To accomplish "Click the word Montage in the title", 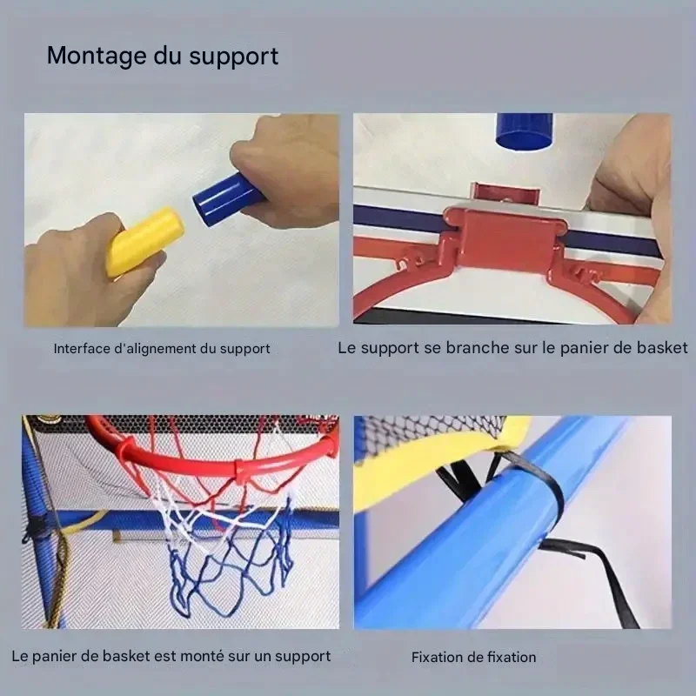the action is (x=97, y=57).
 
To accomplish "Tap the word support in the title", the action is (x=234, y=57).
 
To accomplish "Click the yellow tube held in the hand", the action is (x=144, y=241).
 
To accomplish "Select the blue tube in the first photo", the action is (x=227, y=198).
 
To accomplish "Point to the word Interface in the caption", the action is (x=82, y=349).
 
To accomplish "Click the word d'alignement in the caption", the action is (x=156, y=349).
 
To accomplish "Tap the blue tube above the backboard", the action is (x=525, y=131).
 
